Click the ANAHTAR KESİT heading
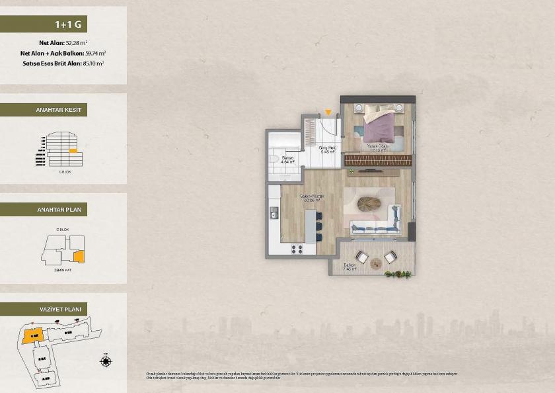58,110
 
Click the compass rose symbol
105,361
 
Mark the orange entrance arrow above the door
328,112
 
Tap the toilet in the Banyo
273,157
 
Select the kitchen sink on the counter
274,212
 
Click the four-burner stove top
297,249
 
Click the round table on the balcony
376,263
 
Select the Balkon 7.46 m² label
350,267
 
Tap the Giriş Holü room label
327,149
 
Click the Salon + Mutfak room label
311,198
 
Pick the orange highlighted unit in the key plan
78,255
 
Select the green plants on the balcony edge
398,273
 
